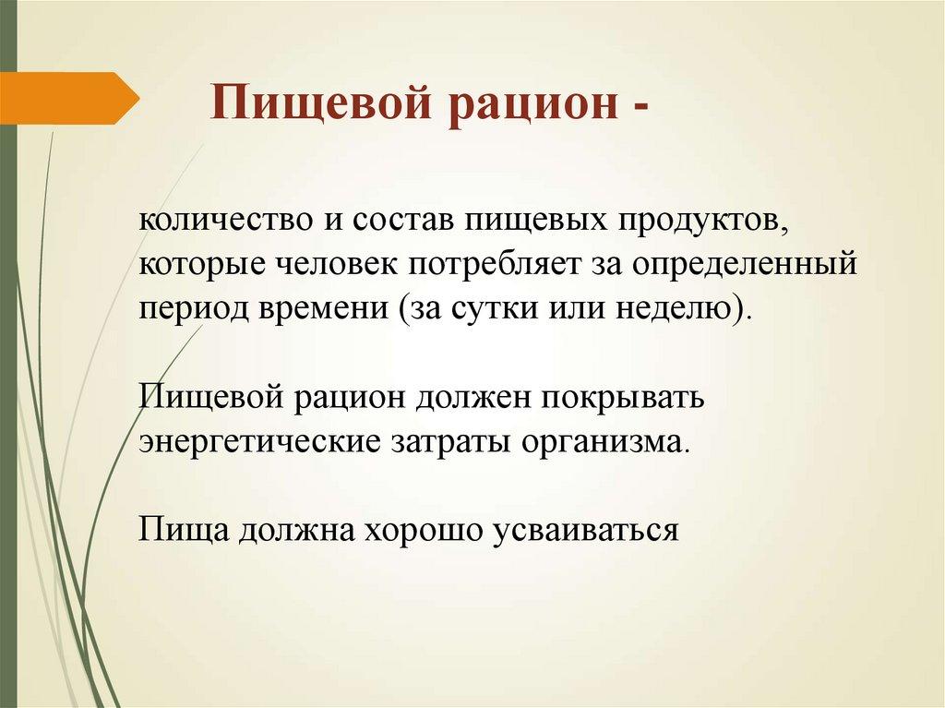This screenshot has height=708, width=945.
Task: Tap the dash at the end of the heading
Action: click(640, 105)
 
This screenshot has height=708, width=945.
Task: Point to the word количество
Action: click(212, 222)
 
